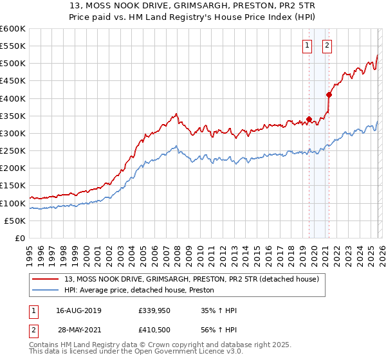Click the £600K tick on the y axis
pyautogui.click(x=13, y=29)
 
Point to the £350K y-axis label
pyautogui.click(x=13, y=116)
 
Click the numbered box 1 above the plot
pyautogui.click(x=308, y=45)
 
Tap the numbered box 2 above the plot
pyautogui.click(x=327, y=45)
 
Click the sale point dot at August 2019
pyautogui.click(x=309, y=119)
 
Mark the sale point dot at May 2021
pyautogui.click(x=329, y=94)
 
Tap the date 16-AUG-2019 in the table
pyautogui.click(x=78, y=310)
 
